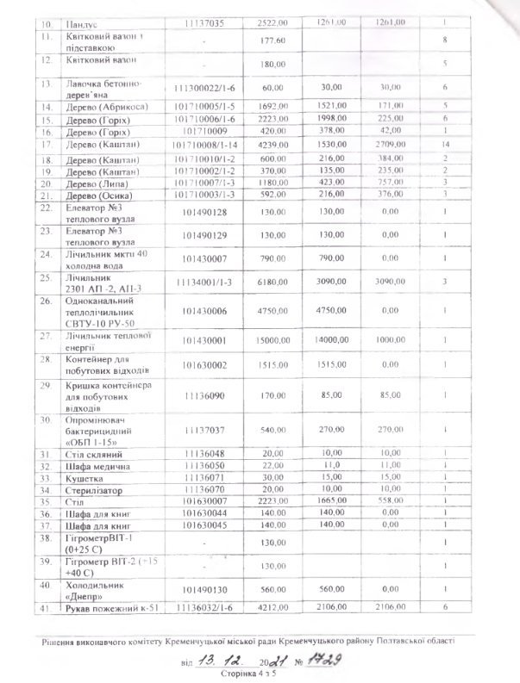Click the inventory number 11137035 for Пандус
point(204,24)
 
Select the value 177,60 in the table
point(273,41)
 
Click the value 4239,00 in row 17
point(273,144)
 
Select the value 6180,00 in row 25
point(273,282)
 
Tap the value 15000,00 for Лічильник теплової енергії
point(273,340)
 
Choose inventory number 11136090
point(204,396)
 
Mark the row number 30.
point(47,419)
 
